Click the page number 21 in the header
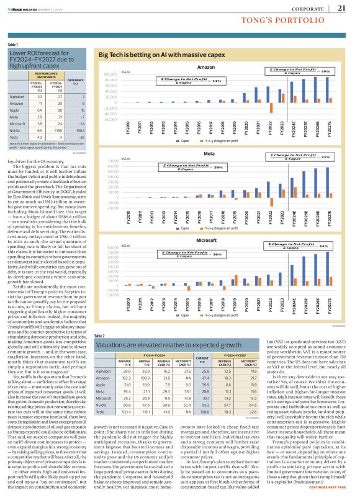tap(341, 8)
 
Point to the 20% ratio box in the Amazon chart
tap(304, 72)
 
